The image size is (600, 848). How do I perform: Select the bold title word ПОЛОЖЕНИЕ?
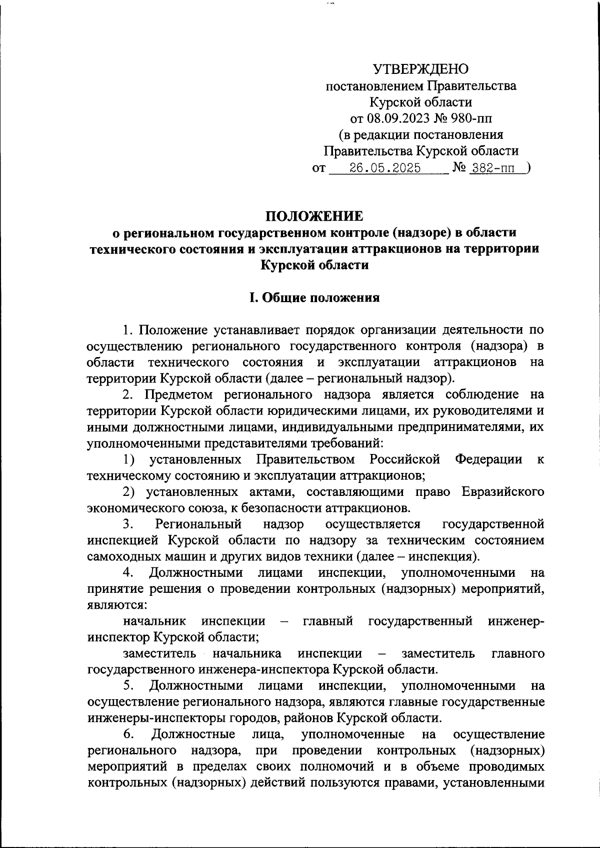(314, 216)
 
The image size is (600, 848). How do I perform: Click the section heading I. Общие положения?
(314, 298)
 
